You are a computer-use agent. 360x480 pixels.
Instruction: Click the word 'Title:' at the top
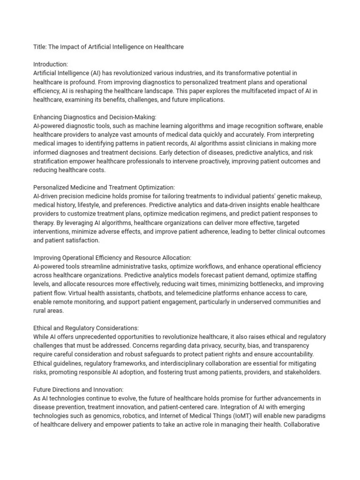coord(40,46)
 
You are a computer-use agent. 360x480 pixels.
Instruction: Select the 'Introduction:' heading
coord(51,64)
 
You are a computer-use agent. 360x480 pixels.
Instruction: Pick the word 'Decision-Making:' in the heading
coord(131,117)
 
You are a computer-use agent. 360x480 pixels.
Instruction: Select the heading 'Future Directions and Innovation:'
coord(78,390)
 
